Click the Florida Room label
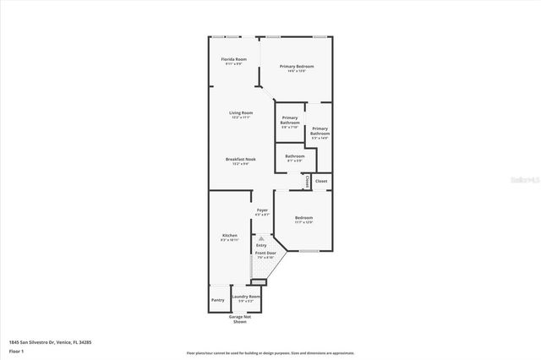click(234, 59)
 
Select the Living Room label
click(241, 112)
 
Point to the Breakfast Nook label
click(241, 159)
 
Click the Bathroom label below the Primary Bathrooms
click(295, 155)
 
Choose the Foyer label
click(263, 210)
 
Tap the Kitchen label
click(230, 235)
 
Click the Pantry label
click(218, 299)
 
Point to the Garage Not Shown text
click(240, 319)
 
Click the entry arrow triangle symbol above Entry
click(261, 238)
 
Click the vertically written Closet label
click(308, 180)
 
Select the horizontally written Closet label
click(321, 181)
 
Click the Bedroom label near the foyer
click(304, 218)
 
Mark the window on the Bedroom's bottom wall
click(309, 251)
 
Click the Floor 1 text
click(16, 350)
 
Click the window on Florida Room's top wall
click(230, 35)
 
